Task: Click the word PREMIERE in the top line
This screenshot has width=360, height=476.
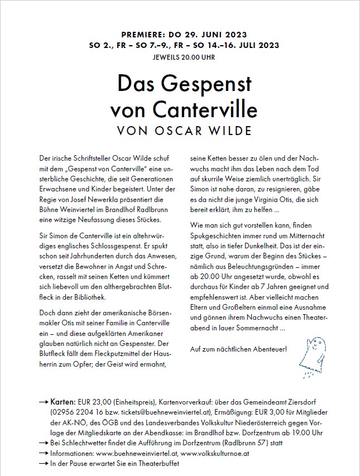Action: [142, 35]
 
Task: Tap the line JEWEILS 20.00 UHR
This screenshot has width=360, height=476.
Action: [180, 57]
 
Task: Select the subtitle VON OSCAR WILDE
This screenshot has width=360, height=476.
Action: [180, 131]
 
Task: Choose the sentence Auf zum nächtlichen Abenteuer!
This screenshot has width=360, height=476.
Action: [238, 349]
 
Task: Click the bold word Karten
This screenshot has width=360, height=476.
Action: [63, 402]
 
